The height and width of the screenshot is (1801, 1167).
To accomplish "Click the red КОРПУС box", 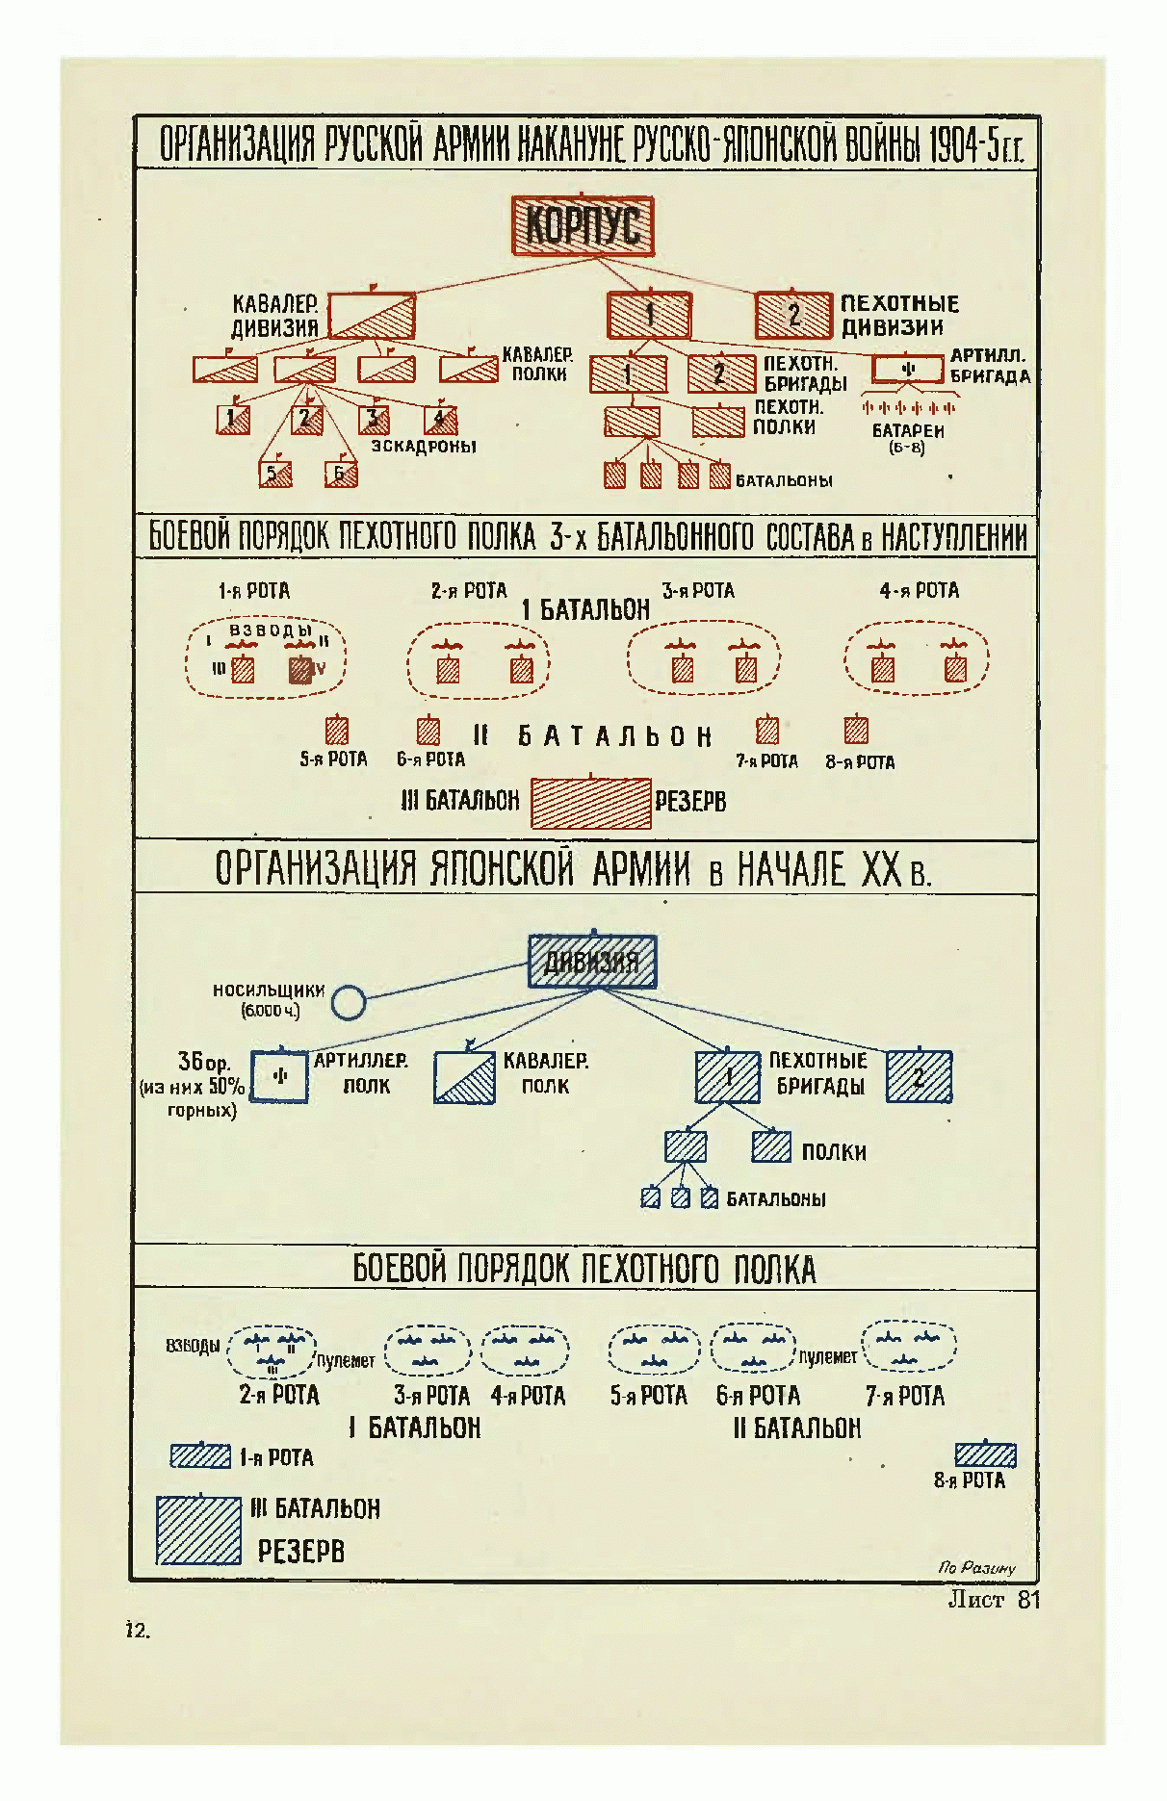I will (583, 227).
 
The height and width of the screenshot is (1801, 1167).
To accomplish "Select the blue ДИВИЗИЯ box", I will (592, 962).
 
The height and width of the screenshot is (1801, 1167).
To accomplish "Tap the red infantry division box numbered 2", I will (793, 315).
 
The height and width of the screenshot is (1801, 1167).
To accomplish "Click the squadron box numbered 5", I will (275, 474).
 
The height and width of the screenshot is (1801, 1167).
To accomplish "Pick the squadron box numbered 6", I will (341, 474).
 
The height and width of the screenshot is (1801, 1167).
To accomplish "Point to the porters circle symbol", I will (349, 1002).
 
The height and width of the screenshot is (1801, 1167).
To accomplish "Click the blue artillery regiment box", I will (279, 1076).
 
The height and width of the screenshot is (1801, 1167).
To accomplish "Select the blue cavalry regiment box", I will (464, 1077).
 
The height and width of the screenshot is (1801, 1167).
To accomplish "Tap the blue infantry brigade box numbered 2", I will (919, 1077).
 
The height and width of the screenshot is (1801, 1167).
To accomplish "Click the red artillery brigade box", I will (907, 370).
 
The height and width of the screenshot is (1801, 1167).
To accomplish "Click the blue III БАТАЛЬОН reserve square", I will (198, 1530).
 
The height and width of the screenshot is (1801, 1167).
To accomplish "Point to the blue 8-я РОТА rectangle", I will (985, 1454).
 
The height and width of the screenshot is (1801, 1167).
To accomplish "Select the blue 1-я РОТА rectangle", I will (200, 1456).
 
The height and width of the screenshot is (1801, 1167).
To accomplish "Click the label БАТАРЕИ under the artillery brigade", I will (908, 431).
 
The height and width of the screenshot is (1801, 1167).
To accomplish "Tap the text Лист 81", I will (994, 1601).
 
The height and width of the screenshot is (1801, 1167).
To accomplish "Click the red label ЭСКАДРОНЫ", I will (424, 448).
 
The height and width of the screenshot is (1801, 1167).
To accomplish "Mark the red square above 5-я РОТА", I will (336, 731).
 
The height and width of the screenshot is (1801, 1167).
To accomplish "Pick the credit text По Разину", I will (976, 1568).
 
